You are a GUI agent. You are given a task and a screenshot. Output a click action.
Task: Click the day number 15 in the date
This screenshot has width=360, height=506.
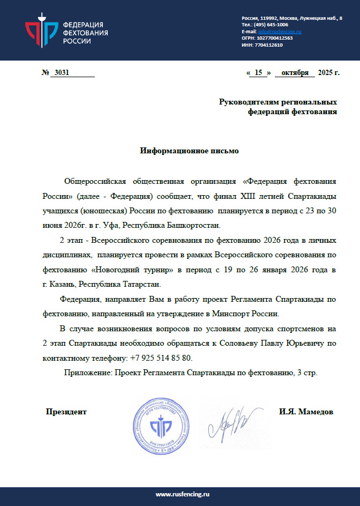point(258,73)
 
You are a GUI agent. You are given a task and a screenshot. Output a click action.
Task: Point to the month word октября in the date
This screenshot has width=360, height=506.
point(295,73)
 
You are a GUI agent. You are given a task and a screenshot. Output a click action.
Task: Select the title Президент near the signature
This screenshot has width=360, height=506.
point(66,412)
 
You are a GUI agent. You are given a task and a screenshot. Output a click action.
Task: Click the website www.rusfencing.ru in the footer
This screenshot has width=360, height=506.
point(180,493)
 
